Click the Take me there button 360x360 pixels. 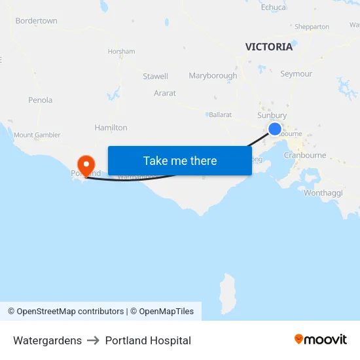click(180, 160)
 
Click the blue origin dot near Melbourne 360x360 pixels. click(275, 129)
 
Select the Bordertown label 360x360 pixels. click(36, 21)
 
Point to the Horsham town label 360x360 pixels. click(121, 51)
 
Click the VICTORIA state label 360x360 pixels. click(269, 46)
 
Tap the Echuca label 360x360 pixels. click(274, 7)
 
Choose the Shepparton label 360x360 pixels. click(312, 27)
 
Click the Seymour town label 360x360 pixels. click(296, 74)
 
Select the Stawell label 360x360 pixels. click(155, 77)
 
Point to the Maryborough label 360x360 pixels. click(213, 76)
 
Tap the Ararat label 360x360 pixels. click(165, 94)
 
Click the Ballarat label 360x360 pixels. click(220, 115)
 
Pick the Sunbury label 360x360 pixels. click(272, 115)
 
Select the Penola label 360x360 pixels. click(40, 100)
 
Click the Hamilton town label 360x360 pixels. click(111, 128)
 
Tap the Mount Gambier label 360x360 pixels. click(37, 135)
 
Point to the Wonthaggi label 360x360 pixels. click(322, 192)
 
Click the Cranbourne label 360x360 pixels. click(305, 156)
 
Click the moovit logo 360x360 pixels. click(321, 340)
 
